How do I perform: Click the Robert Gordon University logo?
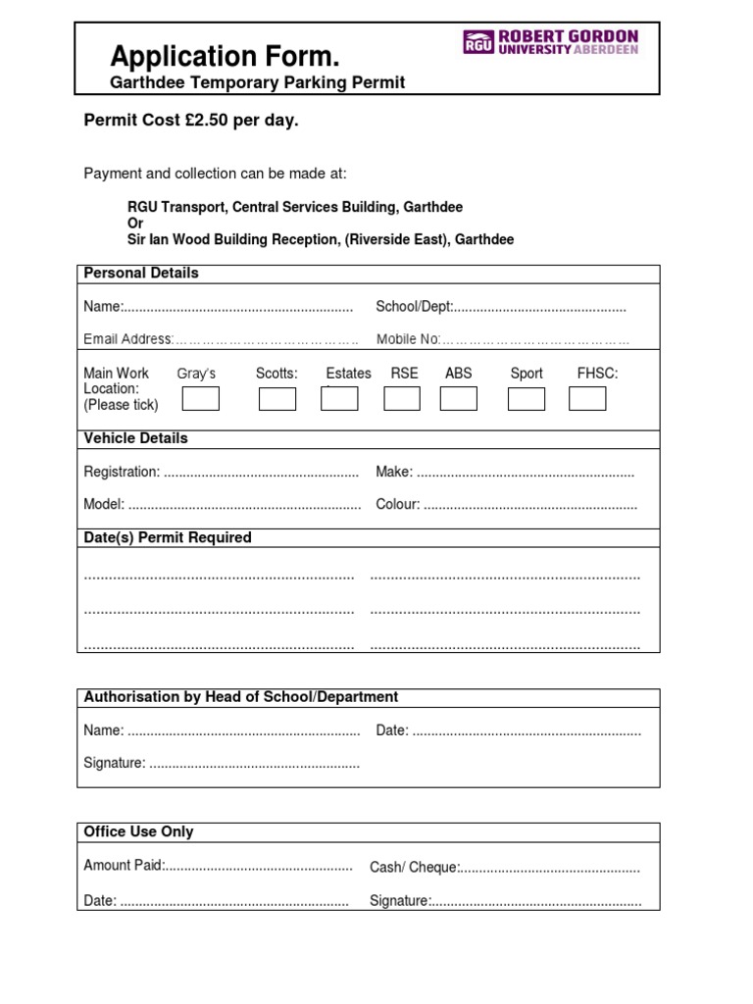click(x=550, y=42)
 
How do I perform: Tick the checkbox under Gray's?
click(x=201, y=399)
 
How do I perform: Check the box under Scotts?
click(x=277, y=399)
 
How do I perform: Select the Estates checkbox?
click(x=339, y=399)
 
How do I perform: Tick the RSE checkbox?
click(x=402, y=399)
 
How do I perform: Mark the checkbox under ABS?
click(x=459, y=399)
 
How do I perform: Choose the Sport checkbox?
click(x=527, y=399)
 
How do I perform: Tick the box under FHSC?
click(x=587, y=399)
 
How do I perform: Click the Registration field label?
click(x=122, y=473)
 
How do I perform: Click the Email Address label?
click(x=127, y=339)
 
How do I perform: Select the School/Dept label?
click(x=414, y=307)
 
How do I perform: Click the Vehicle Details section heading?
click(x=135, y=438)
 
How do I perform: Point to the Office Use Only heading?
click(x=138, y=831)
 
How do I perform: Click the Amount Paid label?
click(x=124, y=866)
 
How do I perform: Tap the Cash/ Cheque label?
click(x=413, y=868)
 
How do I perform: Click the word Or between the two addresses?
click(x=135, y=224)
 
